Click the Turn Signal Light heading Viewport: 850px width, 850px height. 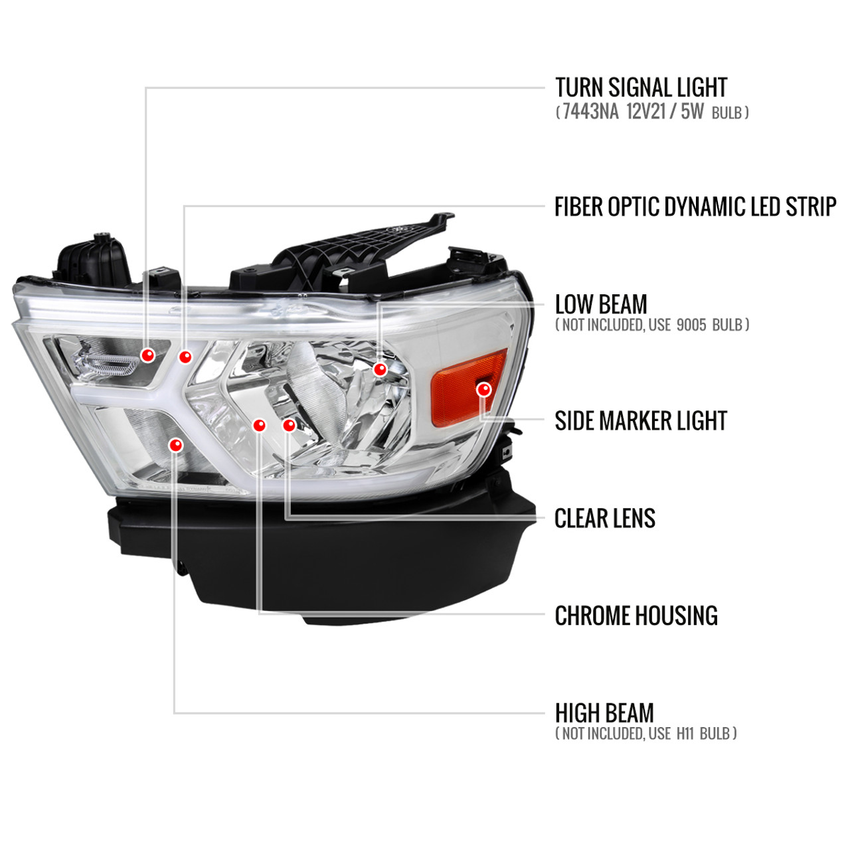pos(640,88)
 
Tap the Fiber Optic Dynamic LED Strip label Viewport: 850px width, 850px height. pos(695,207)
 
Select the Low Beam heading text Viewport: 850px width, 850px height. pos(601,304)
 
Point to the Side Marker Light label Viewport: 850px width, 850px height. pos(640,420)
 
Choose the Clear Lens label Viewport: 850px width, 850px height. pos(605,518)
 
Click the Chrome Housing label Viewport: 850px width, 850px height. pos(636,616)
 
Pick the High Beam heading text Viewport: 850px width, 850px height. pos(604,713)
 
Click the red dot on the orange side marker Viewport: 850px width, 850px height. pos(484,390)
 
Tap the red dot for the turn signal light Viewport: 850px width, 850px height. pos(148,355)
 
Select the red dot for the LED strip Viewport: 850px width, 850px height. pos(185,357)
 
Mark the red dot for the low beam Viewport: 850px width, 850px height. pos(380,369)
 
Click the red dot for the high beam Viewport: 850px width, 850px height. pos(175,445)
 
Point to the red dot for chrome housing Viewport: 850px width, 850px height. pos(260,425)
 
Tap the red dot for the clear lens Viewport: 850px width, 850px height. pos(289,425)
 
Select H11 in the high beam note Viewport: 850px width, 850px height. pos(685,734)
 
